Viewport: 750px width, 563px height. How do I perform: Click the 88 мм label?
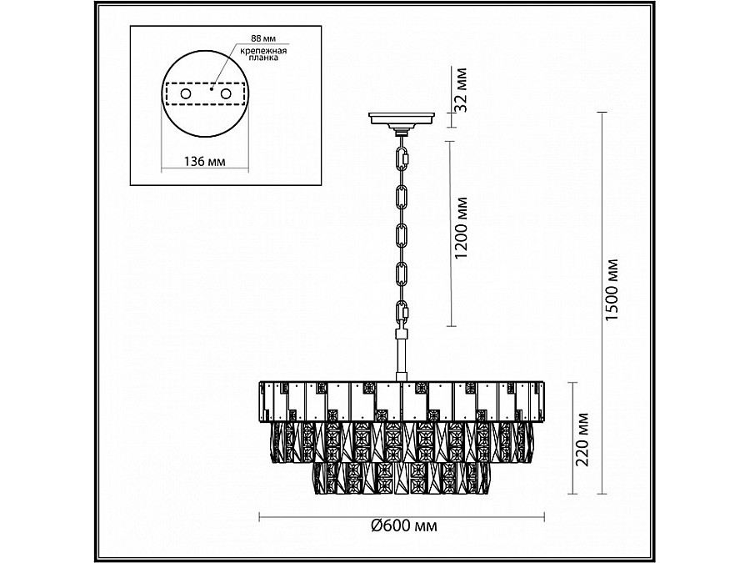click(x=263, y=38)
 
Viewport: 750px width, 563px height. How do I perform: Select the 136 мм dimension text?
click(x=205, y=161)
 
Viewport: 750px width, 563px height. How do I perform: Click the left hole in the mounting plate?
click(x=186, y=93)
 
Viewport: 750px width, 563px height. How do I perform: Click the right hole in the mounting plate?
click(x=226, y=93)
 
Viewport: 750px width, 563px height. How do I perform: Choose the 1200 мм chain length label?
click(x=460, y=228)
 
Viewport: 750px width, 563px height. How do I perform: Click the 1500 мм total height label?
click(x=612, y=290)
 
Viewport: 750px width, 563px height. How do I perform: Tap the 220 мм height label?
click(x=582, y=439)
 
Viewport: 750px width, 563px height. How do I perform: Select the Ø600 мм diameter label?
click(x=404, y=525)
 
